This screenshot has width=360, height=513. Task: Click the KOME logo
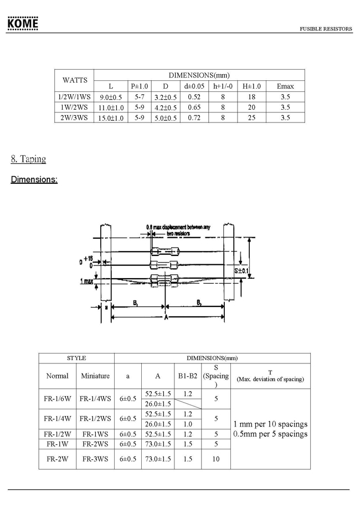tap(23, 24)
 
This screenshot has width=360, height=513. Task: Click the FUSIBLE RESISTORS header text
tap(326, 29)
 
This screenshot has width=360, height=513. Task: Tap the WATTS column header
tap(75, 80)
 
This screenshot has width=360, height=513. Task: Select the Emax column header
tap(285, 86)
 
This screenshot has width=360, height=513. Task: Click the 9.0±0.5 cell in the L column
tap(110, 97)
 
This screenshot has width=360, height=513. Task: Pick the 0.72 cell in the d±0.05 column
tap(194, 117)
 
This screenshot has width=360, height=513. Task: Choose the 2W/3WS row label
tap(74, 117)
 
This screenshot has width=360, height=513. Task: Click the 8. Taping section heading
tap(28, 159)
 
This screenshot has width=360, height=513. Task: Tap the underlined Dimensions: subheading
tap(34, 179)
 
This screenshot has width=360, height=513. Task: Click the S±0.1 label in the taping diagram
tap(241, 270)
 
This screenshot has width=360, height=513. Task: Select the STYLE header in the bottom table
tap(76, 358)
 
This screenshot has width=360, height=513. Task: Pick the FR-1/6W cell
tap(57, 398)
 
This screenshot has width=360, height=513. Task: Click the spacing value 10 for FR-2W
tap(215, 459)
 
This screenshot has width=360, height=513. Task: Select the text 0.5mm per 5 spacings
tap(270, 434)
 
